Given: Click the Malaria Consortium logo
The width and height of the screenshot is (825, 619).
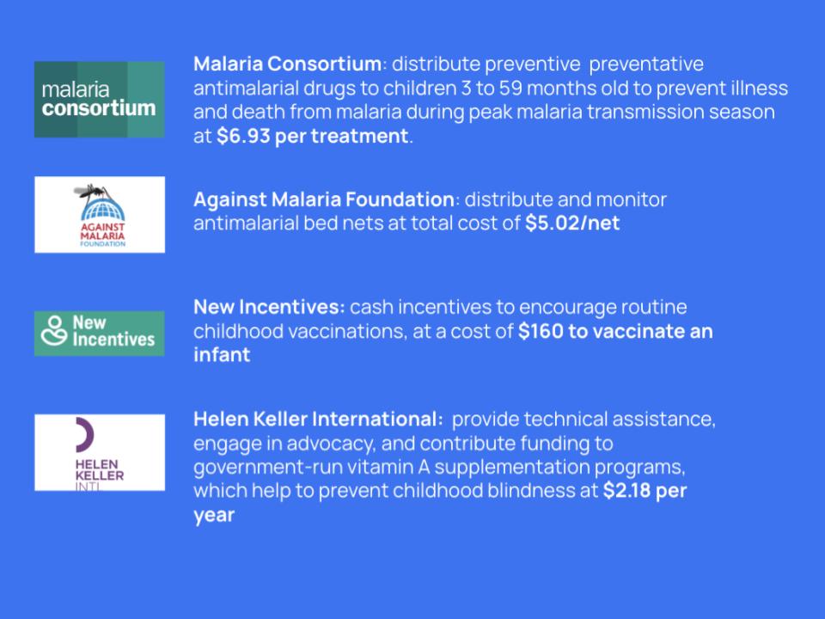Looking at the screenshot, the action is click(x=100, y=100).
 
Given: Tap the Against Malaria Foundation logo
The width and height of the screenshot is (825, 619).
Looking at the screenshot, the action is click(x=100, y=215).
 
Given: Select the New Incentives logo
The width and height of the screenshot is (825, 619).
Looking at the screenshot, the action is click(x=100, y=334).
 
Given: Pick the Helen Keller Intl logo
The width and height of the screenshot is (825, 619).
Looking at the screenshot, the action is click(x=100, y=453).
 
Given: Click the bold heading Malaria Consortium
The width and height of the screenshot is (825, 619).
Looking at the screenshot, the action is click(x=287, y=64).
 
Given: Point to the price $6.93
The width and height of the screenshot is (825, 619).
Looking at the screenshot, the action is click(x=243, y=136).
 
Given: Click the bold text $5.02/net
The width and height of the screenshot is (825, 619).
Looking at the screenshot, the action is click(x=572, y=224).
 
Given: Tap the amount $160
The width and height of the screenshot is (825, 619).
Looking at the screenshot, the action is click(x=541, y=331).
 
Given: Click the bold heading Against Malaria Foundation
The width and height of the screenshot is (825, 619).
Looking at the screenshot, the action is click(x=324, y=199).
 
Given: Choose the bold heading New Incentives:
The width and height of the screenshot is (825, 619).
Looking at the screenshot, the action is click(x=269, y=307).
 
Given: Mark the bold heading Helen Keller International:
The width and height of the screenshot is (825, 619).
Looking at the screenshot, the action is click(x=318, y=419).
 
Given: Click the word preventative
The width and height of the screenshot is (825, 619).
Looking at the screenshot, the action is click(x=646, y=64).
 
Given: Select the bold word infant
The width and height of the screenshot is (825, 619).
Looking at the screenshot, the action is click(x=222, y=355).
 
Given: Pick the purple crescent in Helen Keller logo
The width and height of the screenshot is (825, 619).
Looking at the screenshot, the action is click(x=84, y=435).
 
